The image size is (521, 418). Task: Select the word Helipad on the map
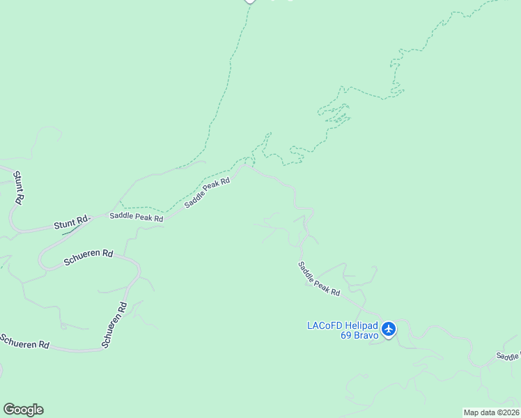(x=362, y=325)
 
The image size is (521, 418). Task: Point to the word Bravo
(x=366, y=335)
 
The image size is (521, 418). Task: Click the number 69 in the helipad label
(x=346, y=335)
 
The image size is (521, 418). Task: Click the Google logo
(x=23, y=410)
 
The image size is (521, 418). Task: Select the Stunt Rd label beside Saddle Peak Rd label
(x=72, y=224)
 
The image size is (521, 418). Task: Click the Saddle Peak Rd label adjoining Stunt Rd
(x=136, y=217)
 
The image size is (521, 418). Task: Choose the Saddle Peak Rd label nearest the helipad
(x=319, y=279)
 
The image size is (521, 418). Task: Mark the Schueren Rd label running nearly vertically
(x=114, y=325)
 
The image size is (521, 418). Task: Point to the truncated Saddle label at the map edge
(x=508, y=356)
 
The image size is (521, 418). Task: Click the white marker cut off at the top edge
(x=250, y=1)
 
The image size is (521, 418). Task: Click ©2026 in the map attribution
(x=508, y=412)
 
